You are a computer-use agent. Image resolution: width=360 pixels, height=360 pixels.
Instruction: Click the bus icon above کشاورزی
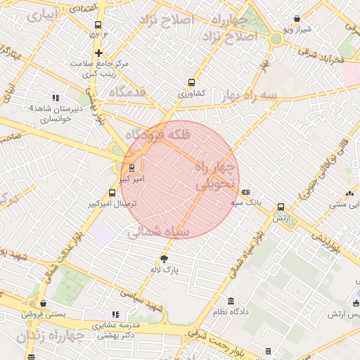[x=192, y=82]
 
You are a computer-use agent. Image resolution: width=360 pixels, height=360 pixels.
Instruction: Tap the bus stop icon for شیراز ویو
[x=297, y=19]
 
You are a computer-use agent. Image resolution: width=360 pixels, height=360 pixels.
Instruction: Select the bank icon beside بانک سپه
[x=245, y=192]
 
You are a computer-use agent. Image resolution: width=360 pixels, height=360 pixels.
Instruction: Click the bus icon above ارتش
[x=281, y=207]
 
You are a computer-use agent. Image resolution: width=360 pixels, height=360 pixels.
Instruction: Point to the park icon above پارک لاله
[x=165, y=257]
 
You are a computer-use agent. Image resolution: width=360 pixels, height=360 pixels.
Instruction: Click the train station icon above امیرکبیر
[x=131, y=167]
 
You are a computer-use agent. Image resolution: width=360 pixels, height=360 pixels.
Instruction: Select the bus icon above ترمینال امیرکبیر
[x=112, y=193]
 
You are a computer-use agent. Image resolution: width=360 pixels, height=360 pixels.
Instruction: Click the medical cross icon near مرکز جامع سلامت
[x=99, y=53]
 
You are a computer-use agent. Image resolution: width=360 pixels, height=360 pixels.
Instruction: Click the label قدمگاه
[x=127, y=92]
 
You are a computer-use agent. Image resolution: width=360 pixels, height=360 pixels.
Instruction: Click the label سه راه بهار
[x=249, y=94]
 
